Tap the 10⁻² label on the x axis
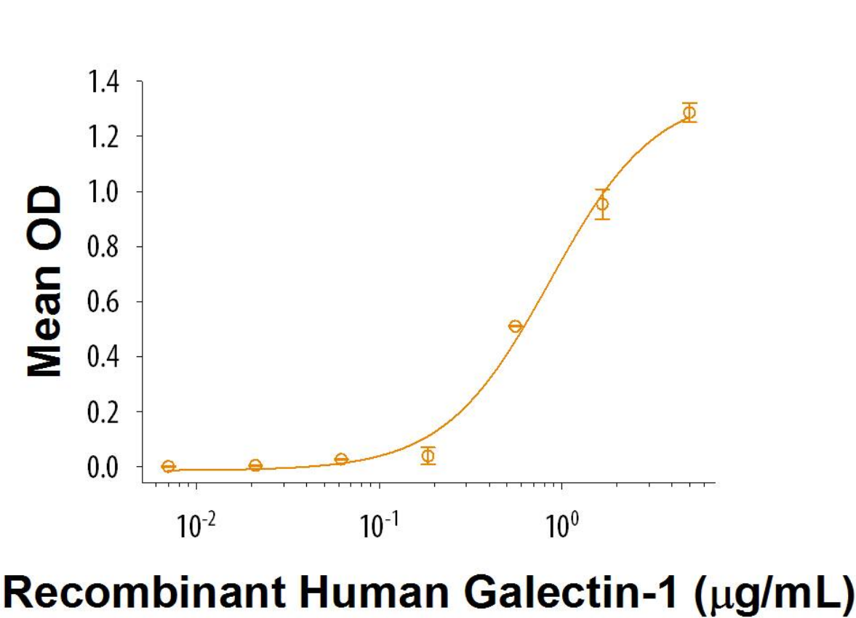click(x=193, y=525)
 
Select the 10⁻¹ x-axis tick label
click(x=376, y=525)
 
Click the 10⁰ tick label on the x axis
click(x=559, y=525)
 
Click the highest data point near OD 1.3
click(x=689, y=112)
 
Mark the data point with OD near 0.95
click(x=601, y=204)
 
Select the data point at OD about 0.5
click(x=515, y=326)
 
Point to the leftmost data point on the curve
click(x=168, y=466)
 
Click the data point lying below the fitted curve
click(x=428, y=456)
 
